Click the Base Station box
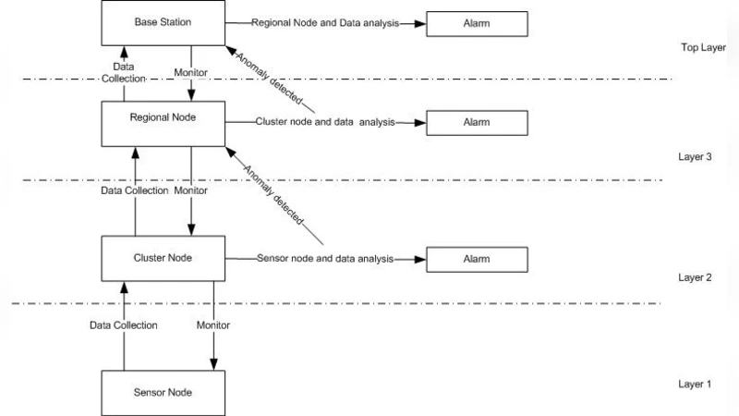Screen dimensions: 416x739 pos(162,22)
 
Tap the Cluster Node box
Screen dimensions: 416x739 pos(162,258)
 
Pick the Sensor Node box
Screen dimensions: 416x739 pos(162,392)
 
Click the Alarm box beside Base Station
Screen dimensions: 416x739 pos(475,24)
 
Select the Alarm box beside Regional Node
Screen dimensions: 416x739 pos(475,122)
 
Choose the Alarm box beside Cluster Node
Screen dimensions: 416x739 pos(475,259)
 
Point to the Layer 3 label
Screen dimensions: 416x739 pos(695,157)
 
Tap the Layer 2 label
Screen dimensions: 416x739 pos(695,277)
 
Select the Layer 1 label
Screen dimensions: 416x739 pos(695,384)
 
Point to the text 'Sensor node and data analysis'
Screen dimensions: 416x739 pos(324,259)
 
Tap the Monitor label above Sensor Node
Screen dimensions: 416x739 pos(213,325)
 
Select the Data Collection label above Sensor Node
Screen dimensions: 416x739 pos(123,325)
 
